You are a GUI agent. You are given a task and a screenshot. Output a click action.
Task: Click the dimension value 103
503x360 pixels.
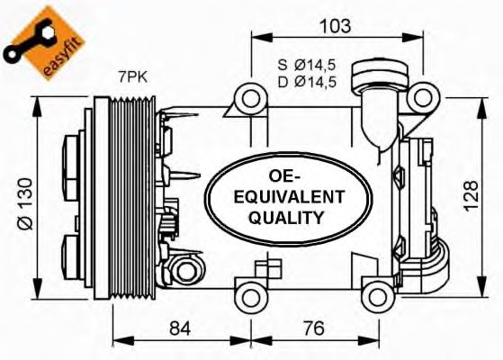[336, 25]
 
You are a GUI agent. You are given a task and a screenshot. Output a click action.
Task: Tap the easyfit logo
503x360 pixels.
[38, 40]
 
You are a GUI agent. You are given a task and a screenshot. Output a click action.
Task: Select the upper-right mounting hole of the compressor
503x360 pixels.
[419, 96]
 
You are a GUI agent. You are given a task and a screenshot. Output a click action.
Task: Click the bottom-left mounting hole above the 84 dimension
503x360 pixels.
[249, 292]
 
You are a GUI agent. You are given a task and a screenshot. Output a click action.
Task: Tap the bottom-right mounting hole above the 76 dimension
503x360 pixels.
[373, 292]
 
